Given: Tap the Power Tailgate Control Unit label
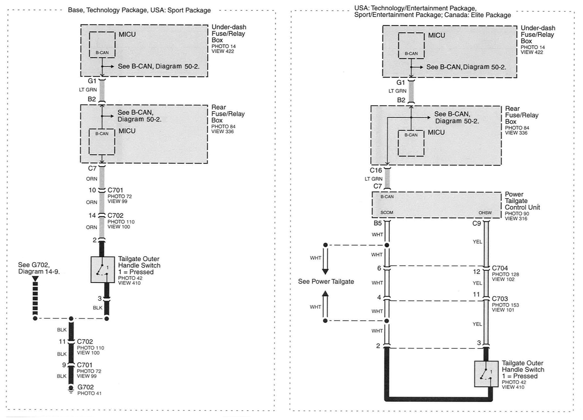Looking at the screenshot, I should tap(522, 201).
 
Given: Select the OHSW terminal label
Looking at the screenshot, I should tap(485, 213).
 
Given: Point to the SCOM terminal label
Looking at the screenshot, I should tap(387, 212).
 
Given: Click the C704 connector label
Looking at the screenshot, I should tap(500, 268).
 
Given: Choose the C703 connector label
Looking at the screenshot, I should tap(500, 299).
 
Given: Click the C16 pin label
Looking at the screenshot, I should tap(376, 170).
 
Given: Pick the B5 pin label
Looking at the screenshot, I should tap(377, 223).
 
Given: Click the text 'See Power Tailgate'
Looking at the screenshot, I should tap(326, 282).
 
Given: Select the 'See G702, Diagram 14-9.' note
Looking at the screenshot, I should tap(39, 268).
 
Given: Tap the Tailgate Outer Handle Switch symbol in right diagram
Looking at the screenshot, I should tap(486, 374).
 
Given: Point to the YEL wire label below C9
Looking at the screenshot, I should tap(477, 242).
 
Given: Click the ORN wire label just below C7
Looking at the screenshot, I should tap(92, 179).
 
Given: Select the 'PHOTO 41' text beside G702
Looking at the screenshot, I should tap(89, 393).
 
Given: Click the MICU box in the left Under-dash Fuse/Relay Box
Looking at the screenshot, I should tap(102, 45).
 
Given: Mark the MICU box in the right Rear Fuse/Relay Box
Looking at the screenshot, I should tap(411, 143).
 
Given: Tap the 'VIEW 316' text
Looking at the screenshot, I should tap(516, 218).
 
